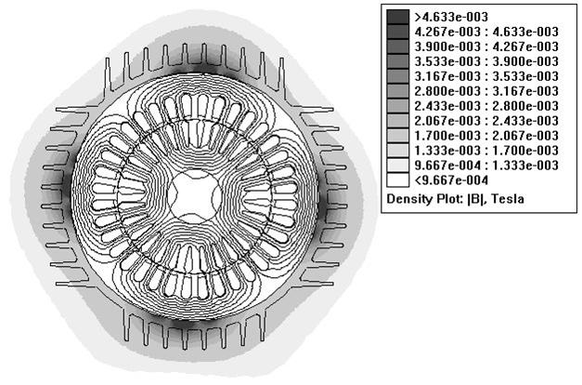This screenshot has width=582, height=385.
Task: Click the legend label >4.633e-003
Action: click(x=451, y=17)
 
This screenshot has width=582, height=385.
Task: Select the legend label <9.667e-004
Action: click(x=451, y=180)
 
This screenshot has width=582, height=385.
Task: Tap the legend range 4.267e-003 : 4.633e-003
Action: click(x=486, y=32)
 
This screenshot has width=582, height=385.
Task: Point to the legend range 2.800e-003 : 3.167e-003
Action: click(x=486, y=91)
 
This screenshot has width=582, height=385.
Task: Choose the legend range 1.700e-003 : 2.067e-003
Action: click(x=486, y=136)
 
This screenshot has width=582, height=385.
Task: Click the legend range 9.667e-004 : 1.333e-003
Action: click(x=486, y=166)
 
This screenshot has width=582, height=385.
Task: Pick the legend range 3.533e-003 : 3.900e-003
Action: click(x=486, y=61)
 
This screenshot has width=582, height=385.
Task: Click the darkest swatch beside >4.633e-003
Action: click(x=397, y=17)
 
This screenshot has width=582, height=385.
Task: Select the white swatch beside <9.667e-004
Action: click(x=397, y=180)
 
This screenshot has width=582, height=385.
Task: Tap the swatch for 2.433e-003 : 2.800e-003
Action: click(x=397, y=106)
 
